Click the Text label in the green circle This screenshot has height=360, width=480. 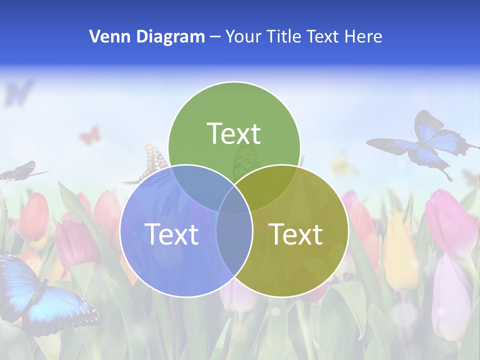[234, 133]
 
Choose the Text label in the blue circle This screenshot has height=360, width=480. [171, 233]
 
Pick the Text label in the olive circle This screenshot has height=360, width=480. [296, 233]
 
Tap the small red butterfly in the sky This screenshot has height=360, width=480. [90, 135]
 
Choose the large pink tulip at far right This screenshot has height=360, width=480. [447, 220]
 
